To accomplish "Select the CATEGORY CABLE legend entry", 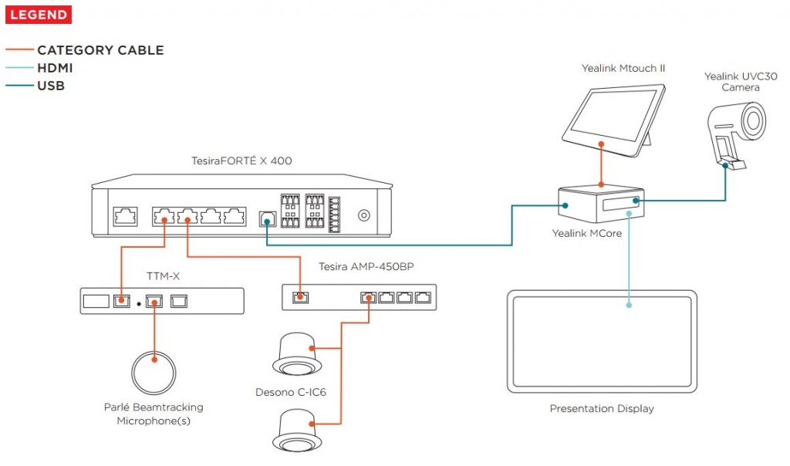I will pos(100,50).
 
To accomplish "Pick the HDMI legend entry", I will pos(55,68).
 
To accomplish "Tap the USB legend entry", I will pos(51,86).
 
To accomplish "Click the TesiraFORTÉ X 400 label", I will pos(241,160).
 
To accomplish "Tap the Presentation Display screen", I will pos(602,340).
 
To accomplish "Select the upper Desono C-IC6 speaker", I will pos(297,352).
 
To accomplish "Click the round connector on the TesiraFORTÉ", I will pos(363,217).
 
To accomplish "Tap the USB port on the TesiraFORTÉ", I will pos(266,218).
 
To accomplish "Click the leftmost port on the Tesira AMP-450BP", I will pos(301,296).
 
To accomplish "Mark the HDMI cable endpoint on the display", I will pos(629,306).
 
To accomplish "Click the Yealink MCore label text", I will pos(587,233).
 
